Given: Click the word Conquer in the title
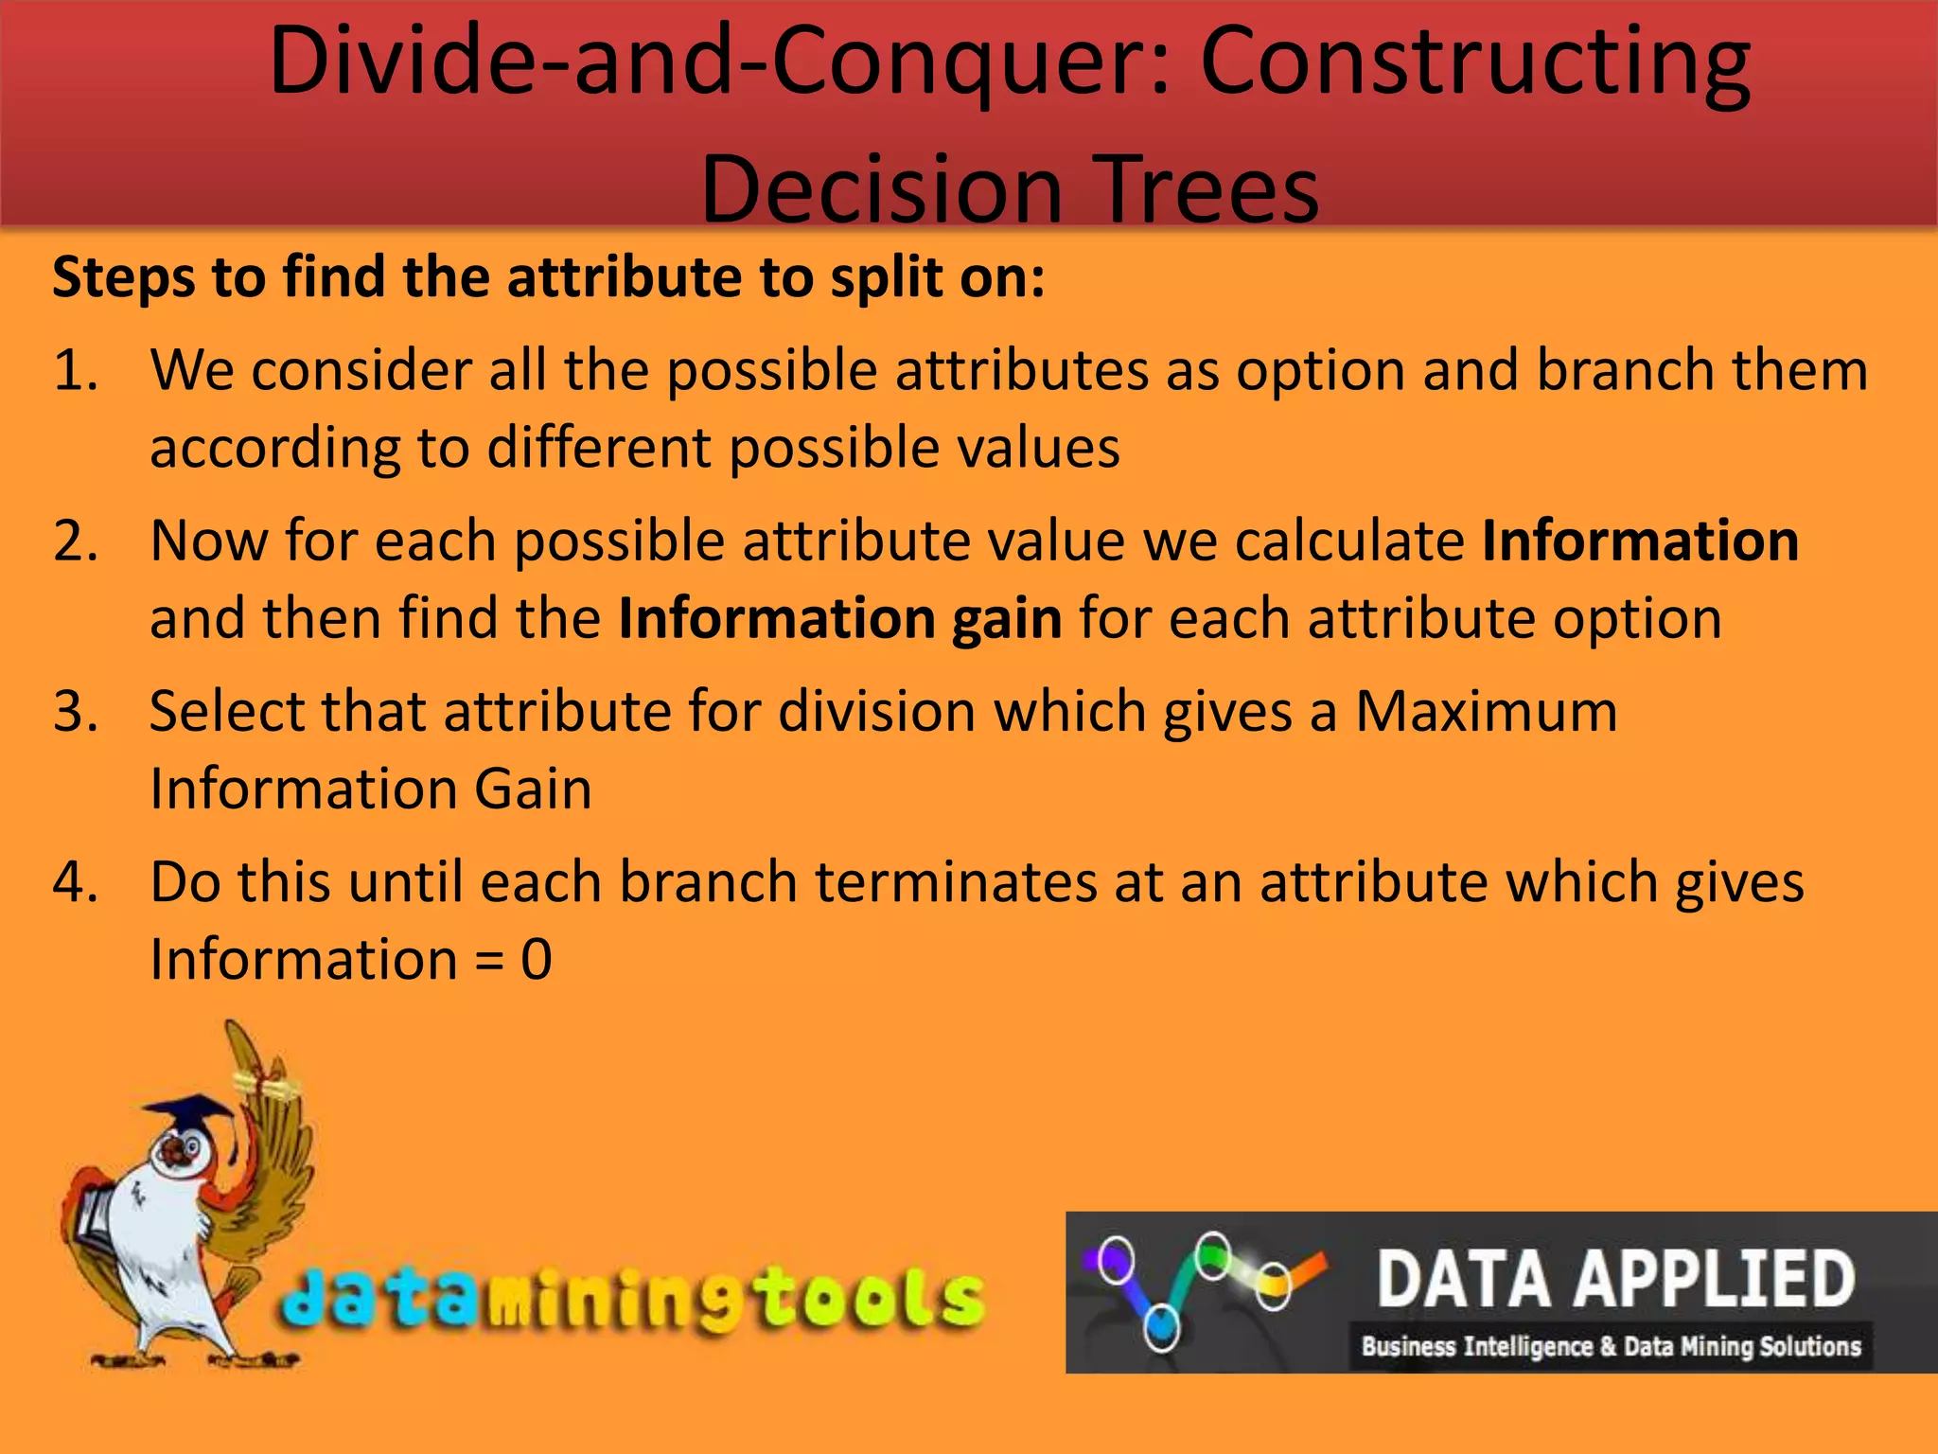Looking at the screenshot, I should pyautogui.click(x=975, y=64).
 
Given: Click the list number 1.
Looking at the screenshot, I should pyautogui.click(x=76, y=370).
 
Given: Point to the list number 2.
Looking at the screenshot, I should pyautogui.click(x=76, y=541).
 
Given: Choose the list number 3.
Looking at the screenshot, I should pyautogui.click(x=76, y=712).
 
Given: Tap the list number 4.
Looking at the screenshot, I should pyautogui.click(x=76, y=882).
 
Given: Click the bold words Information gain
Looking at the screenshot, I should pyautogui.click(x=839, y=619).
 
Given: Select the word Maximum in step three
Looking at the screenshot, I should pyautogui.click(x=1486, y=711).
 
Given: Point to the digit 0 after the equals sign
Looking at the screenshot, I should pyautogui.click(x=536, y=959).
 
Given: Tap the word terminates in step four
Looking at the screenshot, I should pyautogui.click(x=956, y=882).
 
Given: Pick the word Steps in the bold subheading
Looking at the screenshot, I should pyautogui.click(x=124, y=279).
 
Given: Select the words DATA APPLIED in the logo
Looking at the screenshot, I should pyautogui.click(x=1614, y=1279).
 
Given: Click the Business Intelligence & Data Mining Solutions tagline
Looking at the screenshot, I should pyautogui.click(x=1611, y=1346).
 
